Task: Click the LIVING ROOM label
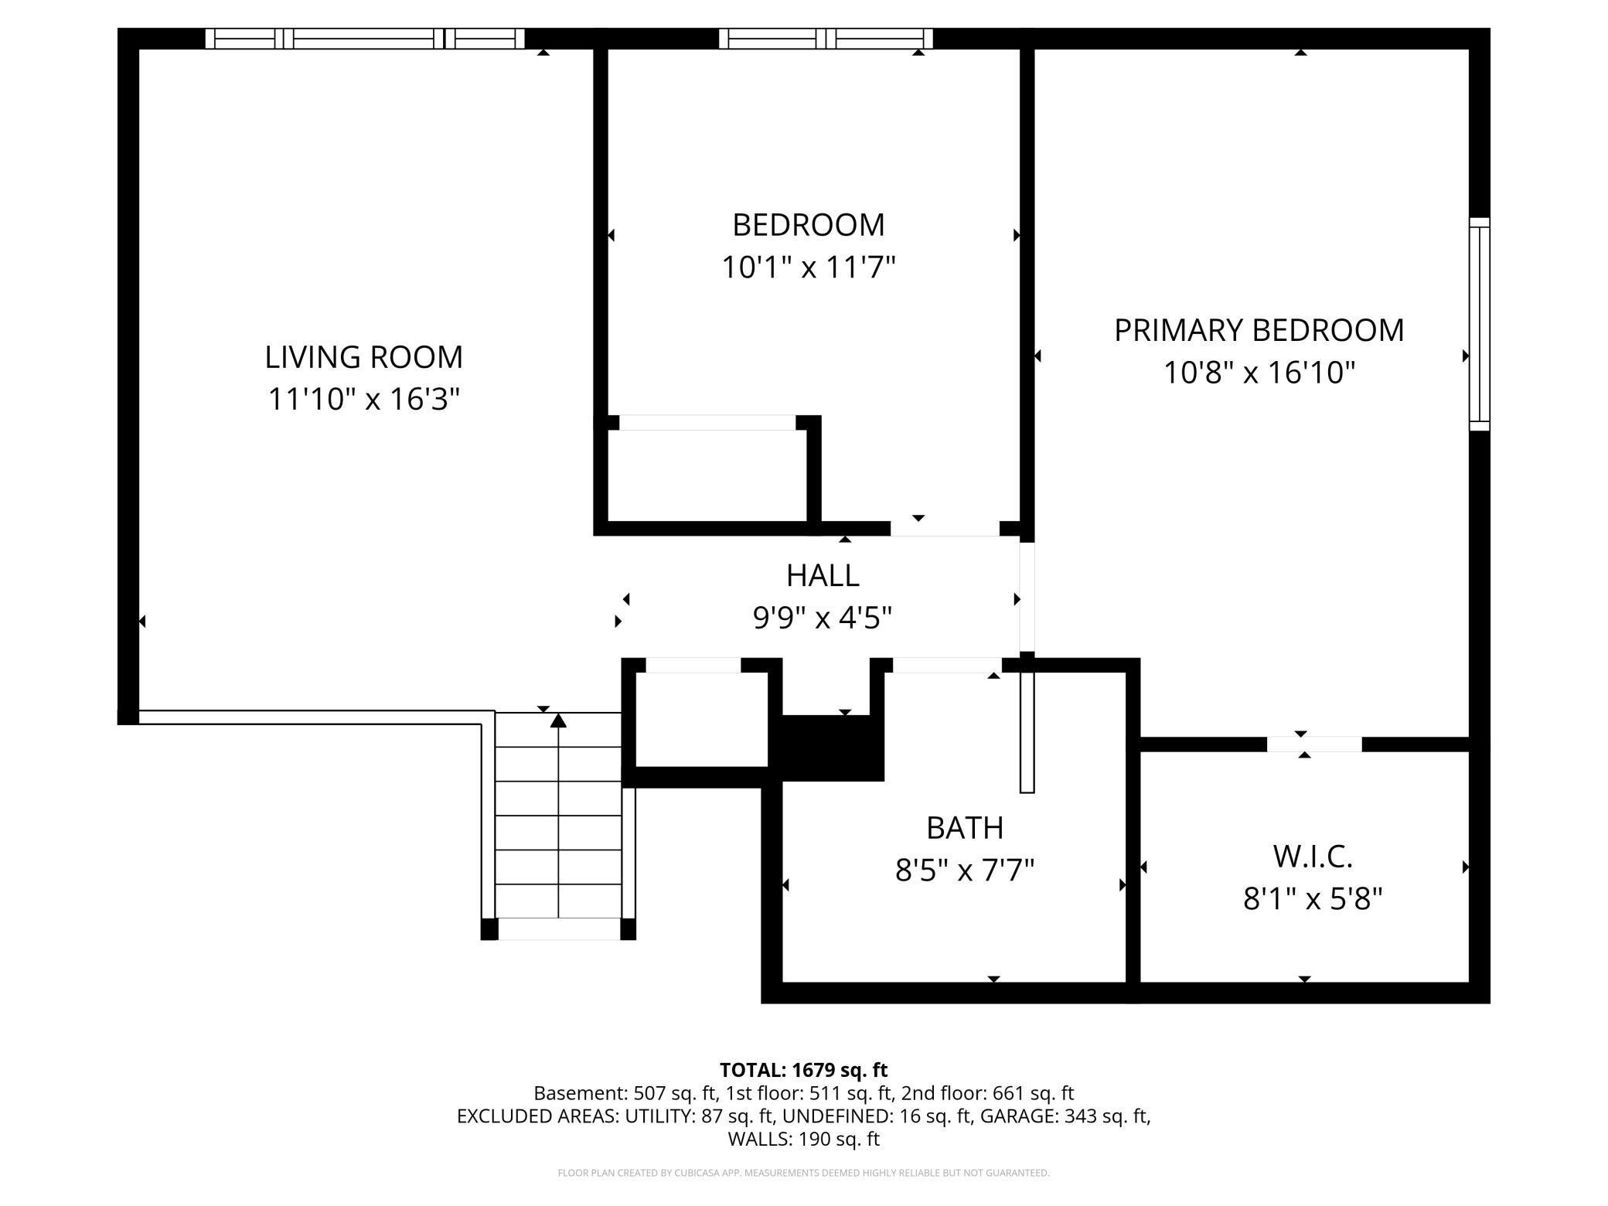point(363,357)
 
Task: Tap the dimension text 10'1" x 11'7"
point(808,268)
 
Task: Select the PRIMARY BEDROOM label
point(1259,330)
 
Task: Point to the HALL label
point(823,576)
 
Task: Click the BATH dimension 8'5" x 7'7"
point(964,871)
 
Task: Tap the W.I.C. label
point(1312,857)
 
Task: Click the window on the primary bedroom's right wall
point(1479,325)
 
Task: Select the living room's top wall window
point(364,39)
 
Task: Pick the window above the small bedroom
point(826,39)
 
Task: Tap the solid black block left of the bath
point(832,748)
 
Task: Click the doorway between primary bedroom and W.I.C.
point(1313,744)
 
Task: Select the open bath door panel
point(1027,731)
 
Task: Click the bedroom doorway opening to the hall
point(945,529)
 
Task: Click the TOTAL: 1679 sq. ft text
point(803,1070)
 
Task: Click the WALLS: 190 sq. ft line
point(803,1139)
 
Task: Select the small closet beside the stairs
point(701,719)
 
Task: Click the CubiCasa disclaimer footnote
point(803,1173)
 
